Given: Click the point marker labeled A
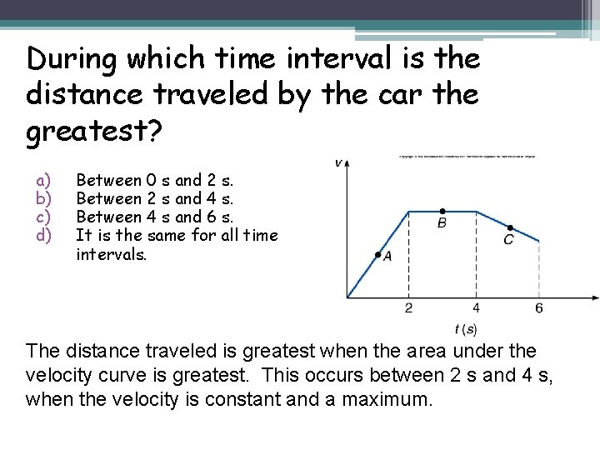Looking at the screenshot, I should pyautogui.click(x=377, y=254).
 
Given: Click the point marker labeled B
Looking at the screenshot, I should pyautogui.click(x=442, y=211).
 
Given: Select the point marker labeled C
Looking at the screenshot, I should pyautogui.click(x=509, y=227).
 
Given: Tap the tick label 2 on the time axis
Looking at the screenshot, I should pyautogui.click(x=408, y=308).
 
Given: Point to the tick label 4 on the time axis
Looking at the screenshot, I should pyautogui.click(x=476, y=308).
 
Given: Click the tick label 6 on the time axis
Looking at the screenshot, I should pyautogui.click(x=539, y=308).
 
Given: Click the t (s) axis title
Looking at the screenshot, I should pyautogui.click(x=466, y=329).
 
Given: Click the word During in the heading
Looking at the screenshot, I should pyautogui.click(x=74, y=58).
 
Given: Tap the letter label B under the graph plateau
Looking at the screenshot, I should pyautogui.click(x=442, y=223).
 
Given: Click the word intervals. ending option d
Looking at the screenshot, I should pyautogui.click(x=111, y=254).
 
